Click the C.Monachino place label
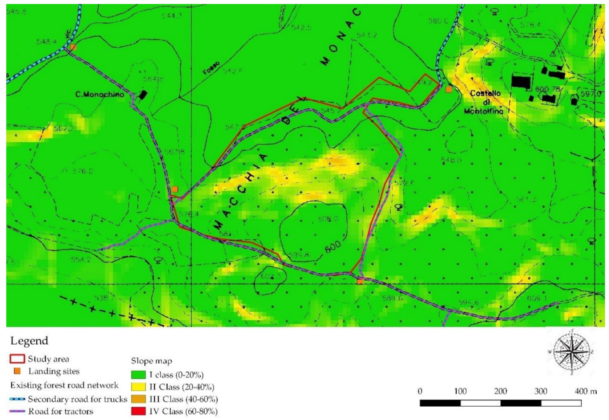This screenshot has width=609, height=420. point(100,94)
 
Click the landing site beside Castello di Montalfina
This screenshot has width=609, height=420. point(448,89)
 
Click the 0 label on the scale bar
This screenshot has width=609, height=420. point(420,391)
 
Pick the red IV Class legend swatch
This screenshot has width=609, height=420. point(138,411)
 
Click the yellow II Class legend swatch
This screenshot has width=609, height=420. point(138,387)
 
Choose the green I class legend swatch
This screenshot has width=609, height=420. point(138,375)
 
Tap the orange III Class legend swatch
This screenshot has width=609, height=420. point(138,399)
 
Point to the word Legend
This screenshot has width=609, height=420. point(29,341)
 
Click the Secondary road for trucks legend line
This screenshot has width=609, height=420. point(17,399)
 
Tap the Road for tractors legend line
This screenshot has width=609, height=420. point(17,411)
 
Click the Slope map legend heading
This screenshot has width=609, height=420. point(151,361)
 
